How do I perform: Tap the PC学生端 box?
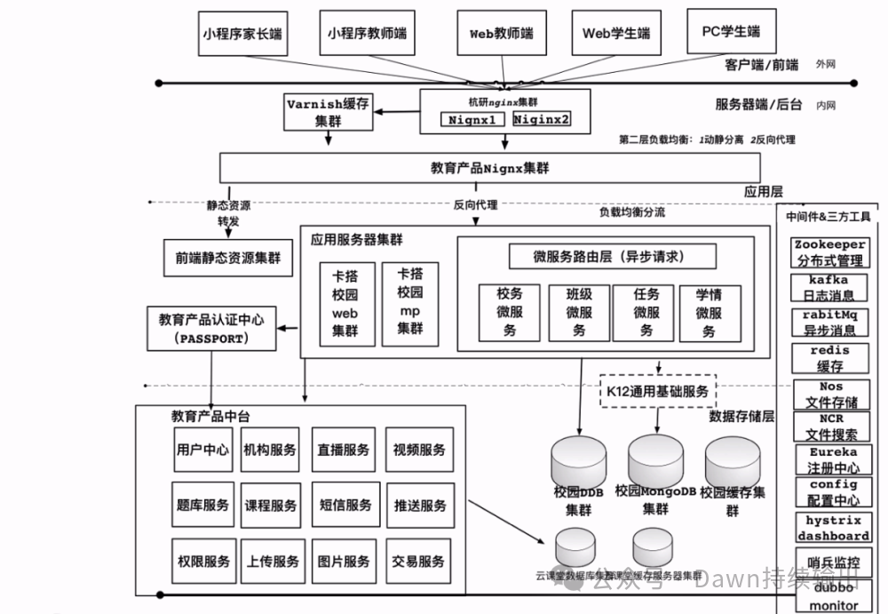click(731, 32)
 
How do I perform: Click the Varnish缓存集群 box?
click(328, 112)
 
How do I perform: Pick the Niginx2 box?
click(542, 118)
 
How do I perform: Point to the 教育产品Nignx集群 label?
click(489, 167)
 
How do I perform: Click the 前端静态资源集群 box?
click(228, 258)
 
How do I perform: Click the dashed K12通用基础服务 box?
click(657, 390)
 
